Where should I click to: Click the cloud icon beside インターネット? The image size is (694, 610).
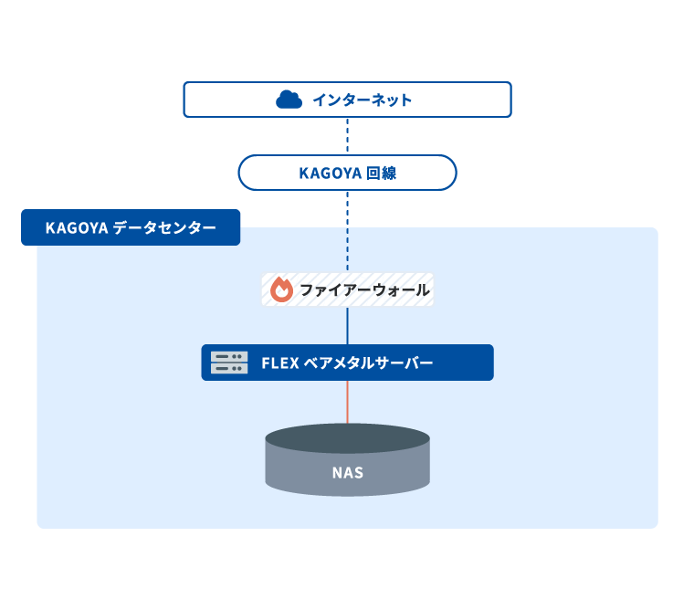pyautogui.click(x=289, y=100)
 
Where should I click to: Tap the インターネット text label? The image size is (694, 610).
pyautogui.click(x=363, y=100)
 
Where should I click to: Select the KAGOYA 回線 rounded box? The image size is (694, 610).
pyautogui.click(x=347, y=173)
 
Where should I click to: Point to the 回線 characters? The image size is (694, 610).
pyautogui.click(x=382, y=173)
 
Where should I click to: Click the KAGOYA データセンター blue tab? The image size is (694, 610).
pyautogui.click(x=131, y=227)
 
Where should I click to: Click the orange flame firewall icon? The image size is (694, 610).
pyautogui.click(x=281, y=289)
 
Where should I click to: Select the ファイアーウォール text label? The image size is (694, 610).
pyautogui.click(x=364, y=290)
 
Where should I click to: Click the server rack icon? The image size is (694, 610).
pyautogui.click(x=229, y=363)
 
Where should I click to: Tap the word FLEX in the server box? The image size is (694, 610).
pyautogui.click(x=279, y=363)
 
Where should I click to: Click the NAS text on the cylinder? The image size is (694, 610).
pyautogui.click(x=347, y=473)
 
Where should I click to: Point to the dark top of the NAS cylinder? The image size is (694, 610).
pyautogui.click(x=347, y=438)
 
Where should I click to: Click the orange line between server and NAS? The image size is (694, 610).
pyautogui.click(x=347, y=402)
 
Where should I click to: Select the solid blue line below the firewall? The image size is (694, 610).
pyautogui.click(x=347, y=325)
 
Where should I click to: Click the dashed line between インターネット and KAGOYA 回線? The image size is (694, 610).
pyautogui.click(x=347, y=136)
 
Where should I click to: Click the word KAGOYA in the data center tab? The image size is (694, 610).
pyautogui.click(x=77, y=227)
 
